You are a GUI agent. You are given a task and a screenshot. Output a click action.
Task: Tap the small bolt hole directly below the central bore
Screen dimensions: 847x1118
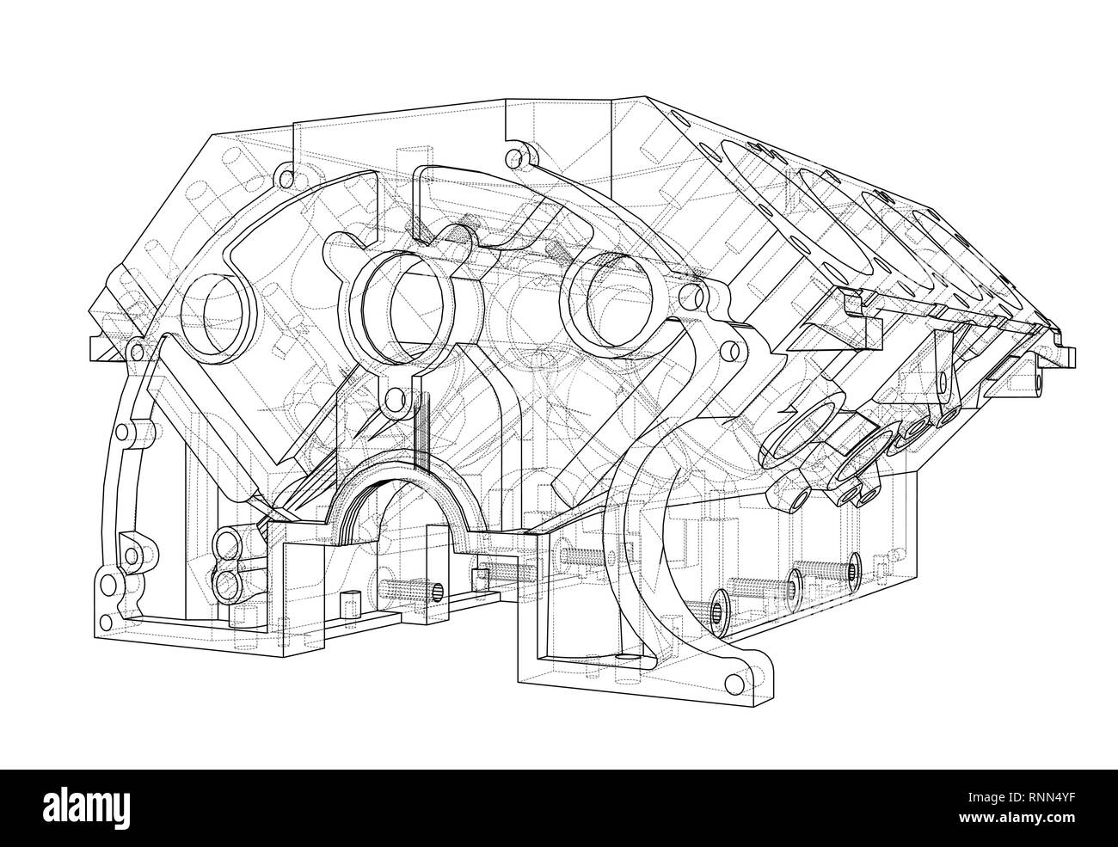tap(395, 400)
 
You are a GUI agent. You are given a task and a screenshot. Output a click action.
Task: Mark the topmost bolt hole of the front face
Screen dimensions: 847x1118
tap(515, 158)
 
